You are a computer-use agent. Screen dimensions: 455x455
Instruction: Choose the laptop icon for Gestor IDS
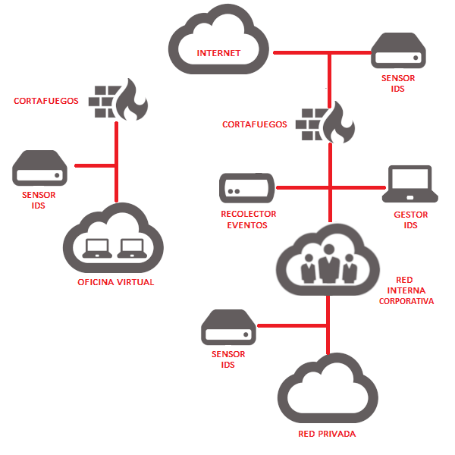click(410, 186)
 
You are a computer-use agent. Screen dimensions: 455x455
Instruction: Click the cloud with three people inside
click(327, 261)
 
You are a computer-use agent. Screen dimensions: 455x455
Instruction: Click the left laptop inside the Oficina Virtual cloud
click(97, 247)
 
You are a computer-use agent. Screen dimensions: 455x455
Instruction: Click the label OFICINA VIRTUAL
click(116, 282)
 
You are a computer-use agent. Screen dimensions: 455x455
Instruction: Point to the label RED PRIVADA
click(327, 434)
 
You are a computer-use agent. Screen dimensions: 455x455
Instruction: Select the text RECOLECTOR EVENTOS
click(248, 220)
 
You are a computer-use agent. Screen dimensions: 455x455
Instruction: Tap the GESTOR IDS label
click(411, 220)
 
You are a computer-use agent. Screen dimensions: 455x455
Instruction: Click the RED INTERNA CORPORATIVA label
click(406, 290)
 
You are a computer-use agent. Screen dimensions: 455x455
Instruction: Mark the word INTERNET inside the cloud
click(218, 53)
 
